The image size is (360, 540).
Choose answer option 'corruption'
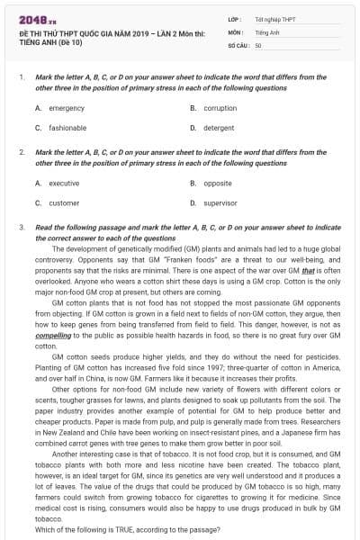(x=220, y=108)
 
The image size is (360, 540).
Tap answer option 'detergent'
(x=218, y=128)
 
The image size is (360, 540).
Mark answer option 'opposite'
(x=217, y=183)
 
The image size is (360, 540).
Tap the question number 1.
(x=21, y=77)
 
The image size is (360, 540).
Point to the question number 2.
(x=21, y=152)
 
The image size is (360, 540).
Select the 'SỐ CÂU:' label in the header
(x=239, y=43)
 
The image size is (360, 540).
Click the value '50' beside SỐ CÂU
(x=258, y=43)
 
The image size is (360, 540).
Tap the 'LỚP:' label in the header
(x=235, y=18)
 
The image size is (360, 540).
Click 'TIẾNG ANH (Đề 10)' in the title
(x=49, y=41)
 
